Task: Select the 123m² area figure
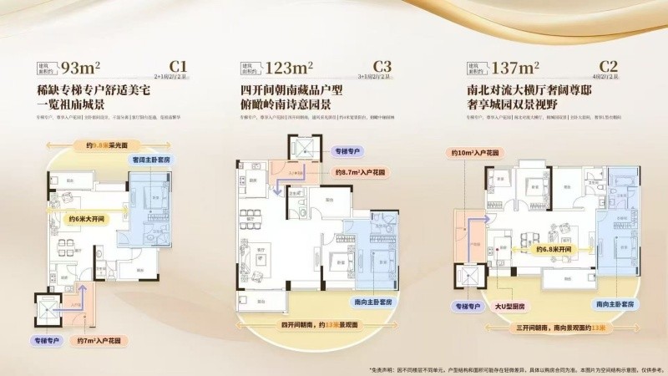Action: coord(288,68)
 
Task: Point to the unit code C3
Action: coord(382,65)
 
